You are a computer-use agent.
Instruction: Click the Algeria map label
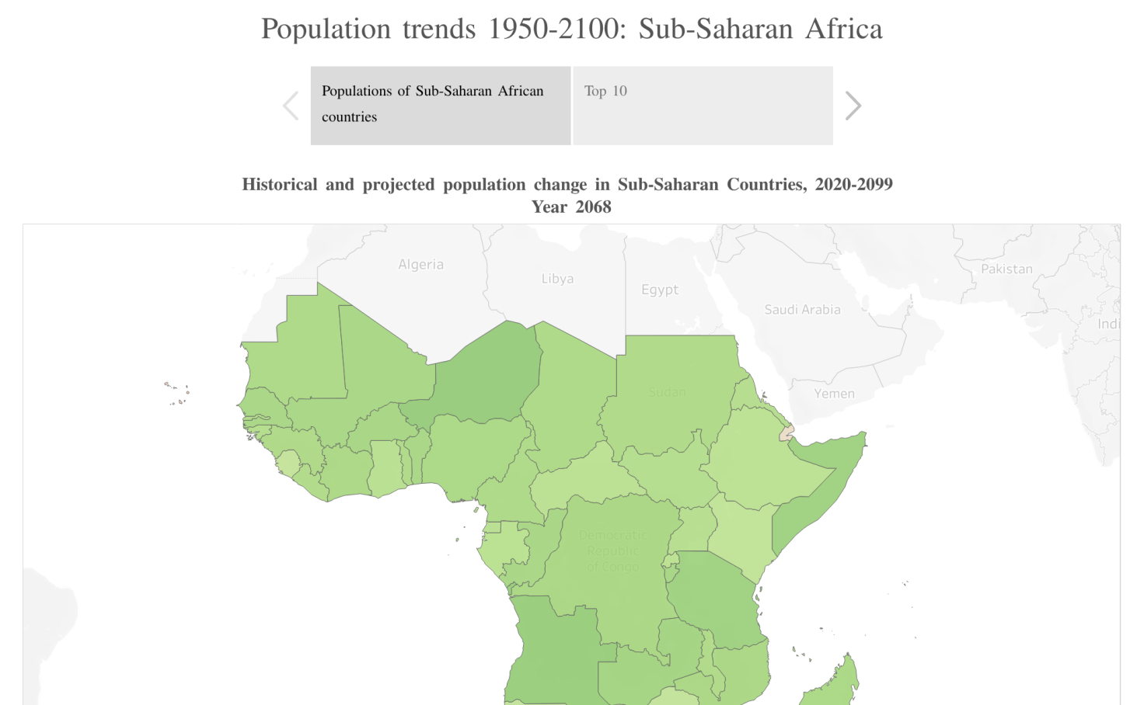(x=420, y=265)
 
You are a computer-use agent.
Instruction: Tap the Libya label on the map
(x=557, y=279)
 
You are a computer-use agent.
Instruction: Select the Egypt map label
(x=659, y=290)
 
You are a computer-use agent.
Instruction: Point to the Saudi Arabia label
(x=802, y=310)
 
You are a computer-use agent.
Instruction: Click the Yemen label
(x=834, y=394)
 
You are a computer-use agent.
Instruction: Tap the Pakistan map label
(x=1006, y=269)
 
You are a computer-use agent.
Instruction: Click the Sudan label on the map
(x=667, y=392)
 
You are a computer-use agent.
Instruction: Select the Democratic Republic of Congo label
(x=612, y=551)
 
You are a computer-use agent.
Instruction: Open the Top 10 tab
(x=703, y=106)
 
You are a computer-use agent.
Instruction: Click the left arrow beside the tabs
(x=291, y=106)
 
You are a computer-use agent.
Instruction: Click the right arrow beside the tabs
(x=853, y=106)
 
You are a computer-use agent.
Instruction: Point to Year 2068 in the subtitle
(x=571, y=207)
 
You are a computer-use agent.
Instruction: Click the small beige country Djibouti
(x=787, y=432)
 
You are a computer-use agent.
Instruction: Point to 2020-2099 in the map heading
(x=853, y=185)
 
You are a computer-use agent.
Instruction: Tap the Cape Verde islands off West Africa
(x=177, y=393)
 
